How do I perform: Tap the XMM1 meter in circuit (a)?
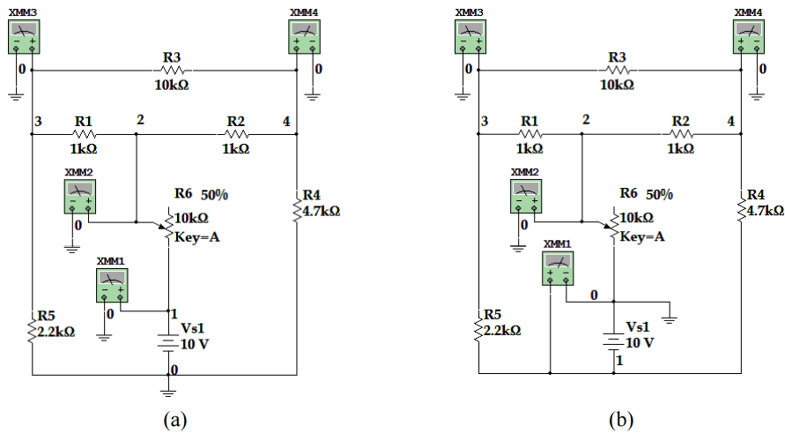[115, 287]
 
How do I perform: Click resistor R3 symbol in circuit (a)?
[172, 70]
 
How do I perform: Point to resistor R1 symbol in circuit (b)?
[530, 135]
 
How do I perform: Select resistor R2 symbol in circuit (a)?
[235, 135]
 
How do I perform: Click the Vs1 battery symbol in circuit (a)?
[167, 342]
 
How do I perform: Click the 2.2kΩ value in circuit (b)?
[500, 331]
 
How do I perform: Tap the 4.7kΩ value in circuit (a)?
[321, 211]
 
